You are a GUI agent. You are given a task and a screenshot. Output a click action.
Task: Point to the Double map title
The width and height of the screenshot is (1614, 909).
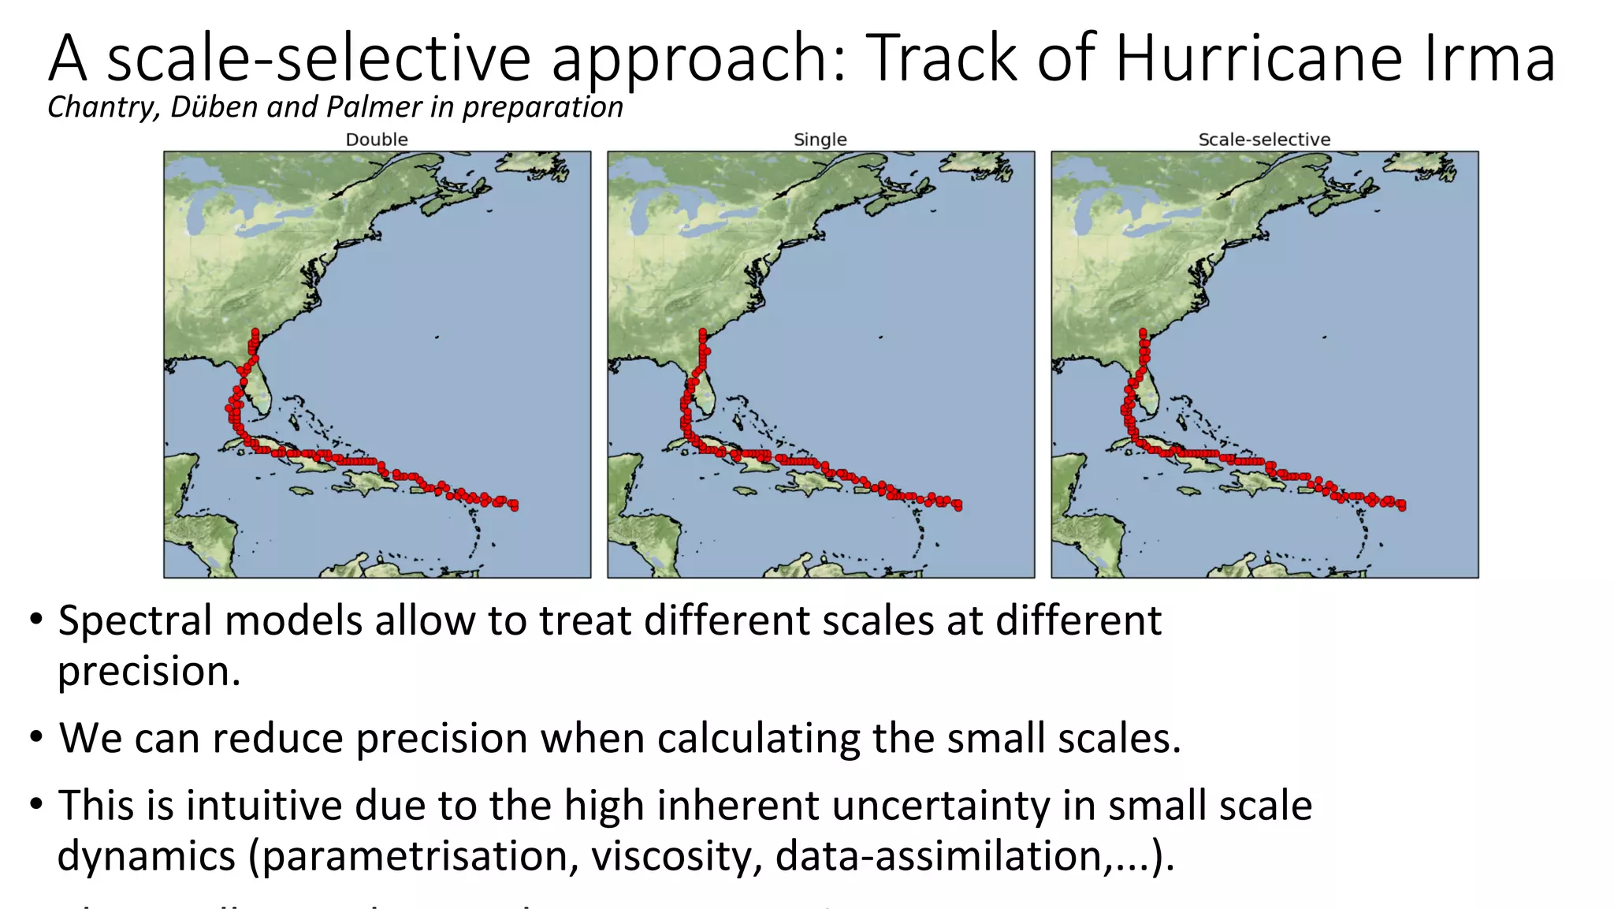377,140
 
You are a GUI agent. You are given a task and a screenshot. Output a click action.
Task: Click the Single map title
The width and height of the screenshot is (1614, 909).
820,140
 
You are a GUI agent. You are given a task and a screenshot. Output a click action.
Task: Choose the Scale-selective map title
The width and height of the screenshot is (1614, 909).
1264,140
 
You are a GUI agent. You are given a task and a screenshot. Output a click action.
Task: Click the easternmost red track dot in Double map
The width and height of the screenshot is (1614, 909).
515,505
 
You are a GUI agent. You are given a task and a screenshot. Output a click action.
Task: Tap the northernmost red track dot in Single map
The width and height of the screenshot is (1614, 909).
702,333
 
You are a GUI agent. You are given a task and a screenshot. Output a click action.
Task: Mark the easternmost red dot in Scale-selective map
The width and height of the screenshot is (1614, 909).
1402,505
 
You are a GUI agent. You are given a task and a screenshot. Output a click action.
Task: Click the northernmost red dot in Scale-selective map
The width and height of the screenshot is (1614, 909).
1143,333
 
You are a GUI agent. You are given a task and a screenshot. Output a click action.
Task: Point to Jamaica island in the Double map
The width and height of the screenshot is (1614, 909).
301,491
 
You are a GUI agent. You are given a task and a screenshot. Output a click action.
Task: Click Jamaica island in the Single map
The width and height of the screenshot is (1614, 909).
745,491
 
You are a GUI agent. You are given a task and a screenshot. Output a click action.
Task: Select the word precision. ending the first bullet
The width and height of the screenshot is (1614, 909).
149,672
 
